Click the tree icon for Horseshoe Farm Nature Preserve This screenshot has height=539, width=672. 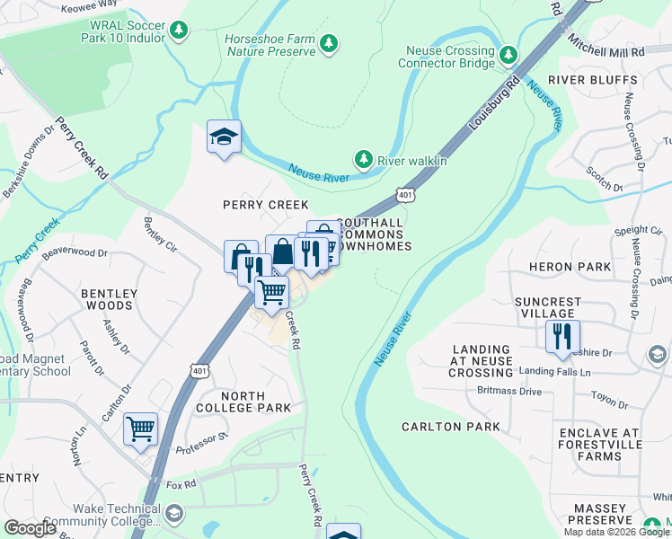pos(330,43)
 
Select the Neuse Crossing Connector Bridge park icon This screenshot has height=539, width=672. pos(508,56)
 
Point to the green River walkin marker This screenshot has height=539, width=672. pos(364,160)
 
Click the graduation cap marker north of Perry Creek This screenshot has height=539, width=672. pos(224,137)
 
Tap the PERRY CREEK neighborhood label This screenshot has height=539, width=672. pos(266,205)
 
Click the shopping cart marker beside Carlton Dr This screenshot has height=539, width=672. pos(141,429)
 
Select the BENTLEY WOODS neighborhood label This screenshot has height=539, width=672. pos(110,300)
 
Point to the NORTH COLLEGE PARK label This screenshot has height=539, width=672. pos(243,402)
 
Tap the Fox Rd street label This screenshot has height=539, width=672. pos(182,485)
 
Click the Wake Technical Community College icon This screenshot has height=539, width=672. pos(173,514)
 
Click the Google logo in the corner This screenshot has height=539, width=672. pos(31,527)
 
